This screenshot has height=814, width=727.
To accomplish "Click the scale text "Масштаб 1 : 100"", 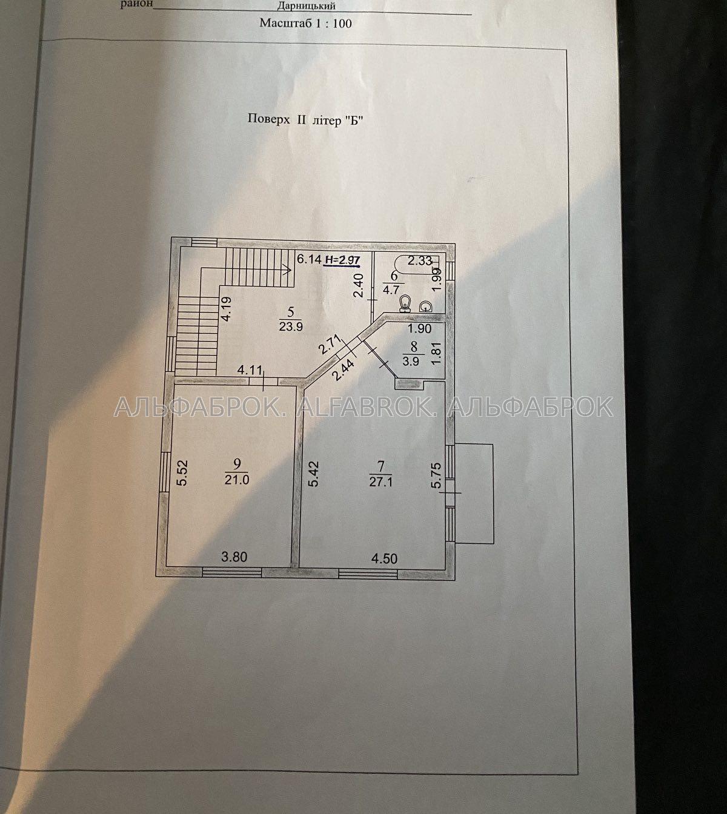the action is pos(305,23).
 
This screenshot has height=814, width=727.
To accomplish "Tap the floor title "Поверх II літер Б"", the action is pos(305,119).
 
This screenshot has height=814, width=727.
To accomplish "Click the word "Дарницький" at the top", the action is pos(306,6).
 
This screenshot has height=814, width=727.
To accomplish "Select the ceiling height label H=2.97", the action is pos(342,260).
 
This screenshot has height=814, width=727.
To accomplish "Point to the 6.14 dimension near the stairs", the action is pos(309,259).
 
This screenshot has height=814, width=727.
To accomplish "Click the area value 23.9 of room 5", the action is pos(291,326).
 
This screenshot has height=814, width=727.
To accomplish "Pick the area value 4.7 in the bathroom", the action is pos(390,290).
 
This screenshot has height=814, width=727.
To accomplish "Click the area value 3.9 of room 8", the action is pos(411,361).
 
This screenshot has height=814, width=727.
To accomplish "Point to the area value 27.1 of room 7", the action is pos(380,481).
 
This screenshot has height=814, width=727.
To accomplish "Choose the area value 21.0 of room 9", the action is pos(237,479).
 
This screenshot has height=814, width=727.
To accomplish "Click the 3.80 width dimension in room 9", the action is pos(234,557).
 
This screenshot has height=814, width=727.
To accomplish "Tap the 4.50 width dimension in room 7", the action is pos(384,558).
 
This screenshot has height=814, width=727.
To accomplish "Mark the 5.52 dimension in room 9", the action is pos(183,473).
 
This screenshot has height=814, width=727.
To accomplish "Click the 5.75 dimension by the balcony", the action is pos(436,475).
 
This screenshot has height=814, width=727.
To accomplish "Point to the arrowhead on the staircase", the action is pos(288,269).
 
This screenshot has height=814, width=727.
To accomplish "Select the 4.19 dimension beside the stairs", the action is pos(226,308).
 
